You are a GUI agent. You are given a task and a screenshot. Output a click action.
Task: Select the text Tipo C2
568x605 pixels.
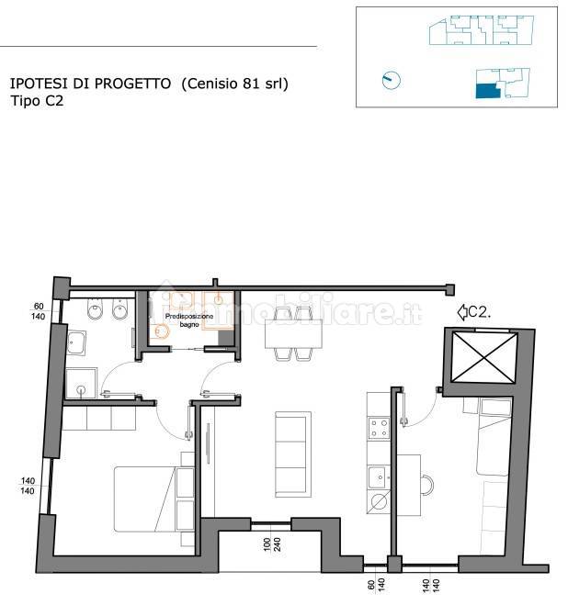pyautogui.click(x=37, y=101)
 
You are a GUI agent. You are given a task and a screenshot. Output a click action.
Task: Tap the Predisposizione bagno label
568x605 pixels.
pyautogui.click(x=189, y=320)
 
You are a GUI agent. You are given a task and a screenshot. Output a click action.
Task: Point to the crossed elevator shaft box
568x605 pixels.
pyautogui.click(x=484, y=358)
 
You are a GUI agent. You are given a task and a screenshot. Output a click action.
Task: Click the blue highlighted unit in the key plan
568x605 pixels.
pyautogui.click(x=488, y=91)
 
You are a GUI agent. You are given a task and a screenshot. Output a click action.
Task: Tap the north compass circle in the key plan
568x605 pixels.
pyautogui.click(x=391, y=80)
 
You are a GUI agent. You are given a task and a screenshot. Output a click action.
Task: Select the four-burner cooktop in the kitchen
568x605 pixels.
pyautogui.click(x=379, y=429)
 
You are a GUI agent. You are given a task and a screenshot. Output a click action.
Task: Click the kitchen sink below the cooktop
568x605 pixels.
pyautogui.click(x=379, y=477)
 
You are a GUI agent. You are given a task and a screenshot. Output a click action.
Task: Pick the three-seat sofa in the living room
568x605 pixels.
pyautogui.click(x=293, y=454)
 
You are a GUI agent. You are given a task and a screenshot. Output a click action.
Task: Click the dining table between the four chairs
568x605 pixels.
pyautogui.click(x=294, y=334)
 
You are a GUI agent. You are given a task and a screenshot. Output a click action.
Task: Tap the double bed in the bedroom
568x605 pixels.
pyautogui.click(x=153, y=499)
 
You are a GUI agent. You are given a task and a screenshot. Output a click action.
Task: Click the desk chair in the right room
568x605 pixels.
pyautogui.click(x=427, y=485)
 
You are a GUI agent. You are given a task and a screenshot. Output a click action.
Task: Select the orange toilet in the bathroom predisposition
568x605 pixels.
pyautogui.click(x=161, y=331)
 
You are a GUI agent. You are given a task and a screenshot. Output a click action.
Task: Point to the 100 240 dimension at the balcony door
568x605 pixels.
pyautogui.click(x=272, y=544)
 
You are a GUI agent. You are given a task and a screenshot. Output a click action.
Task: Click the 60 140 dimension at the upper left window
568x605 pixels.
pyautogui.click(x=39, y=311)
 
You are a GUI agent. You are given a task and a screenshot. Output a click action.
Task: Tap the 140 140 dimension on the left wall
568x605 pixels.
pyautogui.click(x=28, y=486)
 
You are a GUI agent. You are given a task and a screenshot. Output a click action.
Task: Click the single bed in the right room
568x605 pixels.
pyautogui.click(x=493, y=437)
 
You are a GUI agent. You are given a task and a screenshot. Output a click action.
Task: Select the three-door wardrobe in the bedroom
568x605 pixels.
pyautogui.click(x=99, y=419)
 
